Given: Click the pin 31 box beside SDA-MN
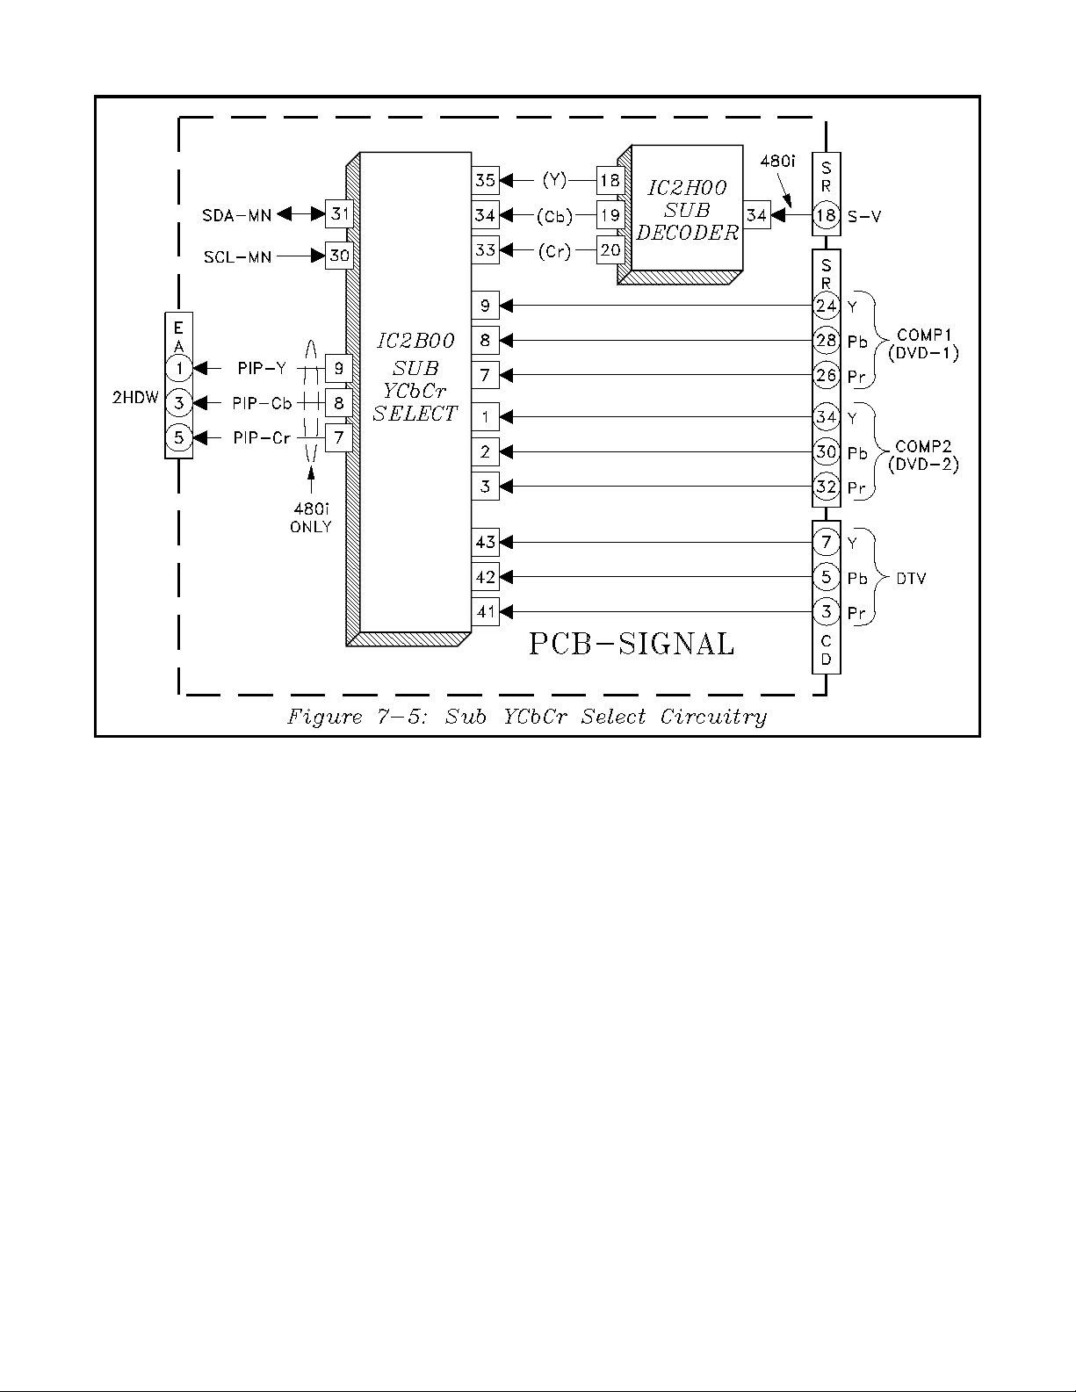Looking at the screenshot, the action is (x=339, y=213).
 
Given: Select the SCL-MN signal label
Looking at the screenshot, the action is (x=238, y=257).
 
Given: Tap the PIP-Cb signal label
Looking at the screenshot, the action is (x=262, y=403).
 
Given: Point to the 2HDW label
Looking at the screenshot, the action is (x=135, y=398).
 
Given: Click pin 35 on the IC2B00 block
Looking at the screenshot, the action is (x=485, y=181).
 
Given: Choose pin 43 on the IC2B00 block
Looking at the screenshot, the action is (x=485, y=543).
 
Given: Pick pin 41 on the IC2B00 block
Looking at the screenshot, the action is (x=485, y=611).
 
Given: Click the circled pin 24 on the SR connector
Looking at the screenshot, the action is (x=826, y=306).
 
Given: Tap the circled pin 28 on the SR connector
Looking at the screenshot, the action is (x=826, y=340).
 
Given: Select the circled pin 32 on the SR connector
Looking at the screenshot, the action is (x=826, y=487).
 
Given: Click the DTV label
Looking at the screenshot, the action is (x=911, y=579).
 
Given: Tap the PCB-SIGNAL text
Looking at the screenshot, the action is (x=631, y=645).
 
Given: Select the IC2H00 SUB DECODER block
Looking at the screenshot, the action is (x=687, y=211).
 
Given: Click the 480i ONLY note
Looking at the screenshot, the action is (x=311, y=519).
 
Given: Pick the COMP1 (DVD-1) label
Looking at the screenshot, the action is (x=922, y=344).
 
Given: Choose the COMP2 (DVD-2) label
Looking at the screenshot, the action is (x=923, y=457).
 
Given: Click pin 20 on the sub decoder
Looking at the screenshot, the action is (x=610, y=250).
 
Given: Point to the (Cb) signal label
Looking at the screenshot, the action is (x=554, y=216).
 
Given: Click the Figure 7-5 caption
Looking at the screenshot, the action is (x=527, y=717).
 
